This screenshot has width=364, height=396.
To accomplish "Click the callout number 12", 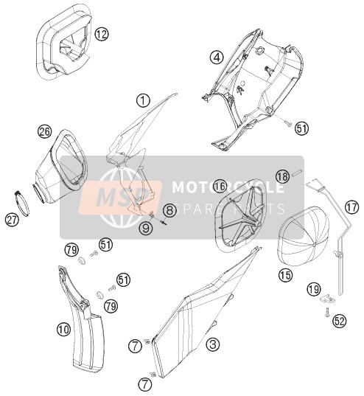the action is (x=102, y=35).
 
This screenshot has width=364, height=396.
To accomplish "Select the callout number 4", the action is (x=217, y=58).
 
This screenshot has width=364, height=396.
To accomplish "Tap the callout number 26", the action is (x=44, y=132).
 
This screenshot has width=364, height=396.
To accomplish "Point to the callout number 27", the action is (x=12, y=219).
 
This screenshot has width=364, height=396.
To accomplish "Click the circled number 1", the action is (x=143, y=100).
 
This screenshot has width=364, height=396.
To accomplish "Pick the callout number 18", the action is (x=282, y=176).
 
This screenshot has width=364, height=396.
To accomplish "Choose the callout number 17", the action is (x=352, y=207).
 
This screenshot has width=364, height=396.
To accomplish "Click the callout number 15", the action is (x=285, y=275).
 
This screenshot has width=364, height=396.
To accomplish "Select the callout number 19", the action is (x=314, y=289).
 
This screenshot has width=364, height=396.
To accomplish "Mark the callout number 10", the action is (x=64, y=330).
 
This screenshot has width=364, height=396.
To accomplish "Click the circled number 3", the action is (x=213, y=344).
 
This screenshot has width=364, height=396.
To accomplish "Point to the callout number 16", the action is (x=220, y=187).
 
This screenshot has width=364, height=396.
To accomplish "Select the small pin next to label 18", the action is (x=298, y=173).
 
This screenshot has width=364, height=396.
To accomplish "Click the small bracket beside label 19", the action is (x=327, y=299).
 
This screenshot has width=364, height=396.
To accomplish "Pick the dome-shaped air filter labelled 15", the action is (x=304, y=235).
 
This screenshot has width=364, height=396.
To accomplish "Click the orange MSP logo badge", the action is (x=120, y=197).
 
